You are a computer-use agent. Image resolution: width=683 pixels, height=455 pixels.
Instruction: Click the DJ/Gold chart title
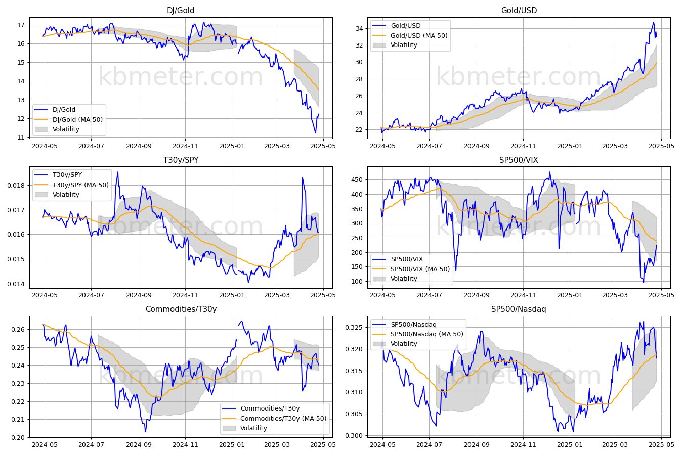181,10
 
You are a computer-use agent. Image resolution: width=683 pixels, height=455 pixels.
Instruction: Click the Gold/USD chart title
519,10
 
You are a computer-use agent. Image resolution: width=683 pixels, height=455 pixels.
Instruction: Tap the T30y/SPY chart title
181,160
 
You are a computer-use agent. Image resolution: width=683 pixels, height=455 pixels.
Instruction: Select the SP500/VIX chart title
519,160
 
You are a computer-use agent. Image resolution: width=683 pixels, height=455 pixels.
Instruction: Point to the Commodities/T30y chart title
181,309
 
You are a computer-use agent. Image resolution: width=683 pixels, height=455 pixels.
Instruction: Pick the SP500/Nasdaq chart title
519,309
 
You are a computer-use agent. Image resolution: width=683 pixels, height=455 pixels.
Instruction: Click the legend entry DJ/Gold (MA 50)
77,119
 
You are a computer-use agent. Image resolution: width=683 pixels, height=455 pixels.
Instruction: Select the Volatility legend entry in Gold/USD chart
404,45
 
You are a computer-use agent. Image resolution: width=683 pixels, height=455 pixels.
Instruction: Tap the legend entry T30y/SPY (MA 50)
80,185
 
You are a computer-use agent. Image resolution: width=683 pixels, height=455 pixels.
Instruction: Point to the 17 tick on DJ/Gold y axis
21,25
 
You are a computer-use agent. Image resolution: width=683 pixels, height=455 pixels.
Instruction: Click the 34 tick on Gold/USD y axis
359,29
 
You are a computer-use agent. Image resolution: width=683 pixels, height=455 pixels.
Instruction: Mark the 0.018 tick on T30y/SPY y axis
16,186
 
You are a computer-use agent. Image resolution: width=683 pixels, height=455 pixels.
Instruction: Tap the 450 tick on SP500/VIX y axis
357,180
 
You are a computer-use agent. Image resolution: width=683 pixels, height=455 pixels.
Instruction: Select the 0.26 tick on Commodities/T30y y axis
18,330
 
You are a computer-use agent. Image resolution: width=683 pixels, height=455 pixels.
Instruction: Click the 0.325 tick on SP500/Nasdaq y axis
354,328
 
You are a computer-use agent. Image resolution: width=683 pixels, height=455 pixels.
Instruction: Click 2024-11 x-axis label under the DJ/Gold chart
185,146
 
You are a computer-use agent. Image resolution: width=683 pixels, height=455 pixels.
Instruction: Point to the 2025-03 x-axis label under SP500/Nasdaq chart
615,445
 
